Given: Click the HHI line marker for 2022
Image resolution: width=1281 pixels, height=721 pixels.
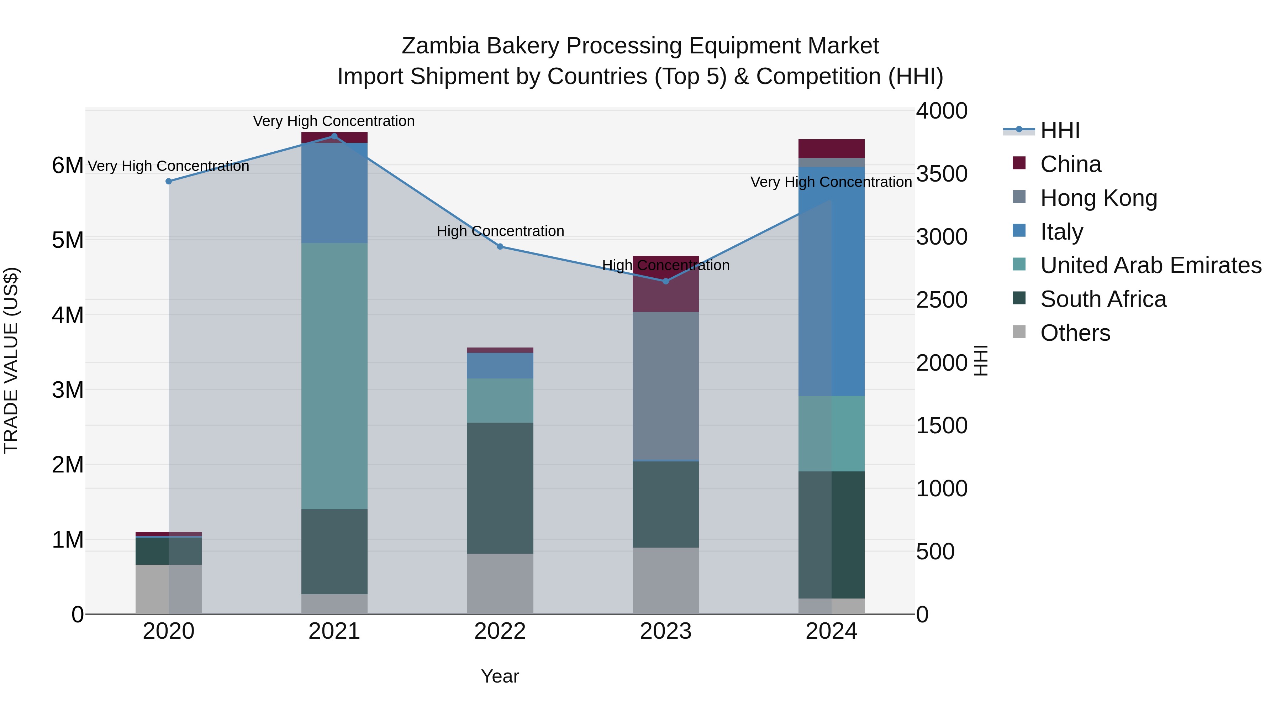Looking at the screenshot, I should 500,246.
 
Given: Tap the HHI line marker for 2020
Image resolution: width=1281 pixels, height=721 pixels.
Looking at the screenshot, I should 169,181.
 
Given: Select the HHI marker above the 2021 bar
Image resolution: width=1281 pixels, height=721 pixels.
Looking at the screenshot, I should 334,136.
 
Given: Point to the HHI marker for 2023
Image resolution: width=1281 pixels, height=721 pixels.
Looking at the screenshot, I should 666,281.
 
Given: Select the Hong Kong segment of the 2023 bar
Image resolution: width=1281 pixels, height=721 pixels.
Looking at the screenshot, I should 665,386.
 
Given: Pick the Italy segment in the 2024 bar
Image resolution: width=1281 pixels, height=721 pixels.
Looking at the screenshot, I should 832,281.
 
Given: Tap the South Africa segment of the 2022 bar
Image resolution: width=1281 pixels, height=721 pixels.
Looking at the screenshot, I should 500,488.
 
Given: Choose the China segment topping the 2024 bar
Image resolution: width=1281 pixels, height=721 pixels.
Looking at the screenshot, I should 832,148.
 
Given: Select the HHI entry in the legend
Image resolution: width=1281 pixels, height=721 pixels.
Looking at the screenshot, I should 1059,130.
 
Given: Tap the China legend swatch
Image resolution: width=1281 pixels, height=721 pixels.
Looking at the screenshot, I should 1019,163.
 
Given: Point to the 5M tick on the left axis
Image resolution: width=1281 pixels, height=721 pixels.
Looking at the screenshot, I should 68,240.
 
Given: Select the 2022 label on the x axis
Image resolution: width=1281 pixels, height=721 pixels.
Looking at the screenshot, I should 500,631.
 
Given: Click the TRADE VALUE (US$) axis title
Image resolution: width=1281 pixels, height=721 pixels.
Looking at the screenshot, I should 11,360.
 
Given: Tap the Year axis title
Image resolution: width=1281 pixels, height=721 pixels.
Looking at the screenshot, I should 500,676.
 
